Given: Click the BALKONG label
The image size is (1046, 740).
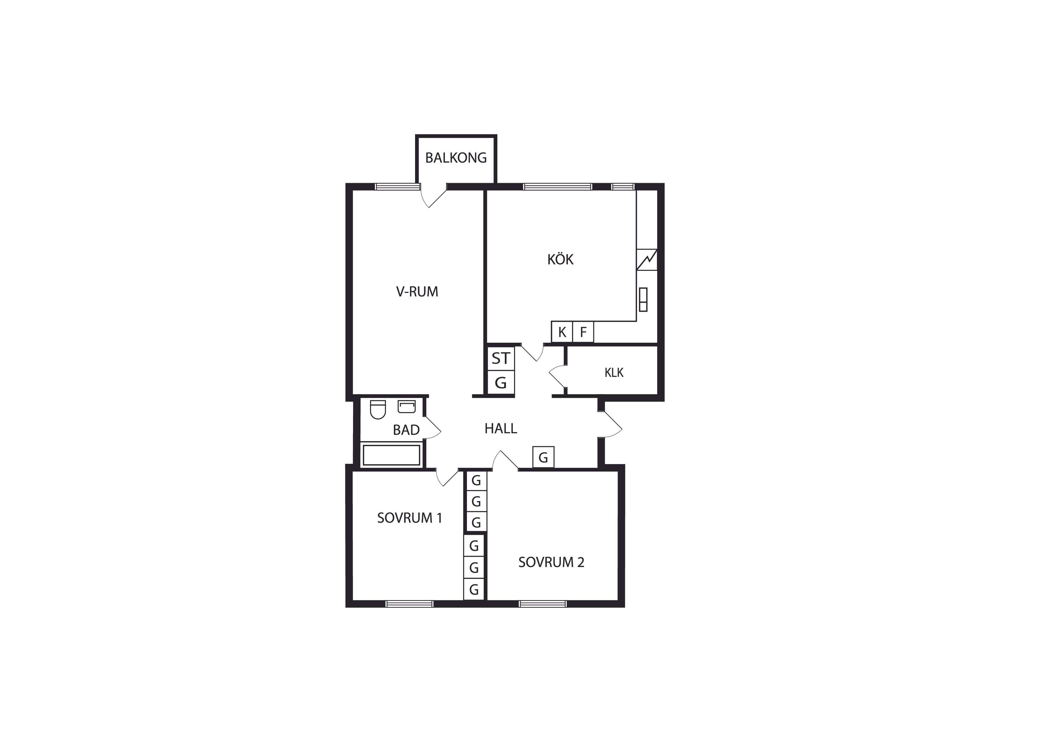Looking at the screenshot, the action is point(456,158).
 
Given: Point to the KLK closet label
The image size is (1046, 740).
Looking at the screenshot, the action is point(614,373).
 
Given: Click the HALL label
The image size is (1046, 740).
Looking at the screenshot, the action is point(501,428).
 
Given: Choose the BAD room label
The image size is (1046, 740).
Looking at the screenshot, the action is point(406,430).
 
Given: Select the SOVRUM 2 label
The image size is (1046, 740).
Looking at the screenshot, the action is point(551,562).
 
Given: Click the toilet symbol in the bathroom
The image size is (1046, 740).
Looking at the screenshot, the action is point(378,409).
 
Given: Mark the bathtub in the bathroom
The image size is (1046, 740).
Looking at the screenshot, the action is point(391,455).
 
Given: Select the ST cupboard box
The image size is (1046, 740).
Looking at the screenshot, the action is point(501,359).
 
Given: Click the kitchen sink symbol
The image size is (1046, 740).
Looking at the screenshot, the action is point(643,300).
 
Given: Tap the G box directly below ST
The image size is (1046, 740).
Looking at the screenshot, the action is point(501,382).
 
